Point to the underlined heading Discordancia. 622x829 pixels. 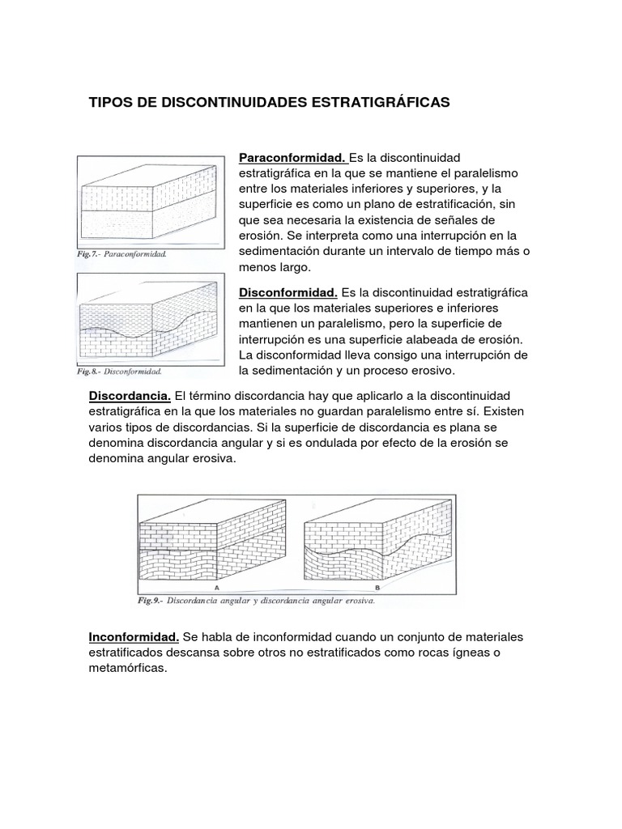pyautogui.click(x=129, y=396)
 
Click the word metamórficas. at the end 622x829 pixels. pyautogui.click(x=127, y=669)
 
